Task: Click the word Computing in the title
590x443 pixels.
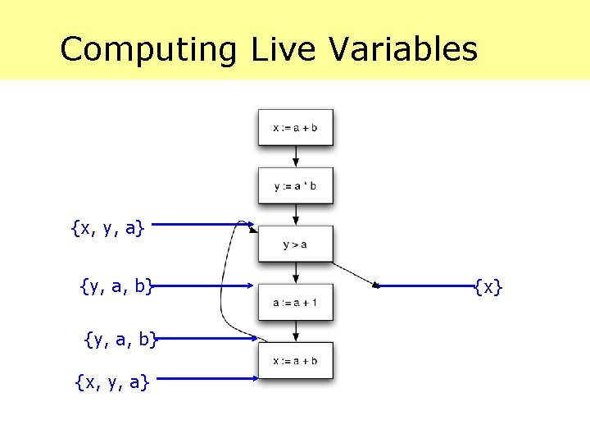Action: pyautogui.click(x=147, y=49)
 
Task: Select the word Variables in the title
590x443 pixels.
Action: pyautogui.click(x=403, y=49)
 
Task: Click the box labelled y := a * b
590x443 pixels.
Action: pyautogui.click(x=295, y=186)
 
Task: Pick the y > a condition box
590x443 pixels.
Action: pyautogui.click(x=295, y=244)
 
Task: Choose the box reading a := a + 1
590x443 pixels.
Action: pyautogui.click(x=295, y=303)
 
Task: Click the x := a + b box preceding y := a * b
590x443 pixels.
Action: pyautogui.click(x=295, y=128)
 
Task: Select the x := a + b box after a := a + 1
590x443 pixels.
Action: pyautogui.click(x=295, y=361)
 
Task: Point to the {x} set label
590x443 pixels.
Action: pyautogui.click(x=488, y=286)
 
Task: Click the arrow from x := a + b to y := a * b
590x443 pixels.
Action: pyautogui.click(x=295, y=157)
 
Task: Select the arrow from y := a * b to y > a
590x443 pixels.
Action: pyautogui.click(x=295, y=215)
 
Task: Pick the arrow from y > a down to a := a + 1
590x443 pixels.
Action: pyautogui.click(x=295, y=273)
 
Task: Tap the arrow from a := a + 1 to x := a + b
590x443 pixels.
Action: pyautogui.click(x=295, y=331)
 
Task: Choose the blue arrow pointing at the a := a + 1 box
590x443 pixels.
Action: pyautogui.click(x=205, y=286)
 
